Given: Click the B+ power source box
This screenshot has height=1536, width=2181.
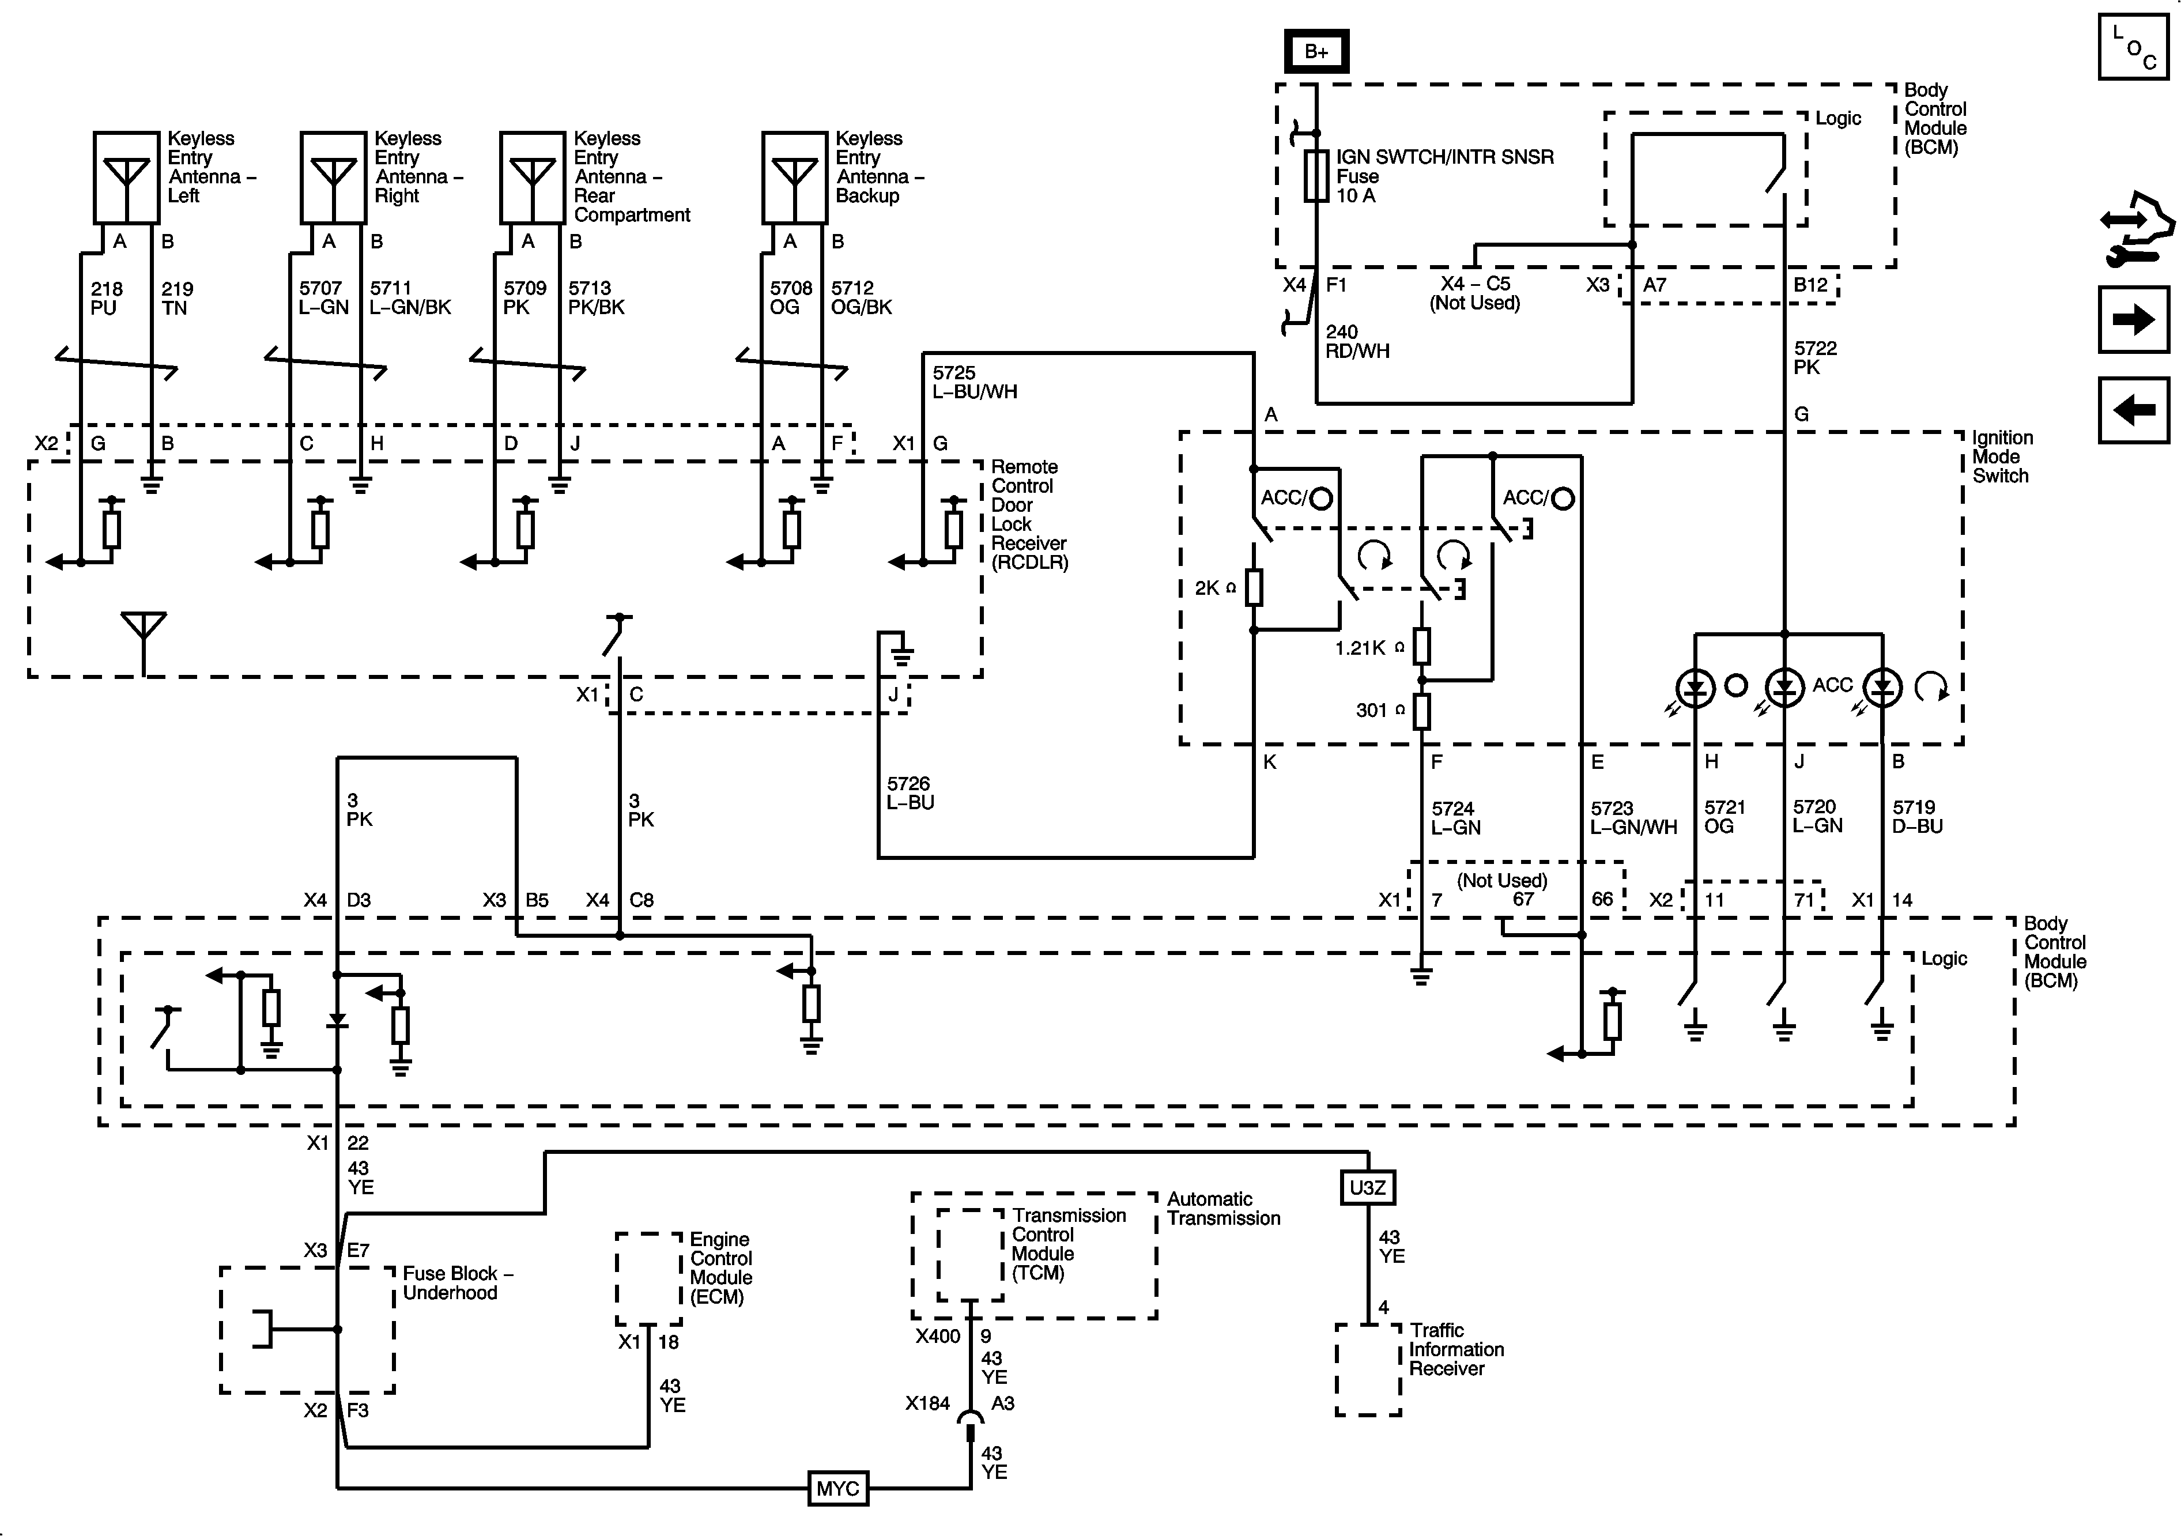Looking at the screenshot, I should pos(1316,51).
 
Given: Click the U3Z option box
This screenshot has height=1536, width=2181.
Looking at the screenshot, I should pos(1367,1187).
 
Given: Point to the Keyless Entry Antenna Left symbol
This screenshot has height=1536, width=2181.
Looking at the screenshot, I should pos(126,177).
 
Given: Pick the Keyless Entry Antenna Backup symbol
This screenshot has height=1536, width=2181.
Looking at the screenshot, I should pos(794,177).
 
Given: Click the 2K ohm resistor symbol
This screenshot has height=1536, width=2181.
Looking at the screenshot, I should pos(1254,588).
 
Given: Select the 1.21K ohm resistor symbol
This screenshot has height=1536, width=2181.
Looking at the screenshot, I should pos(1421,647).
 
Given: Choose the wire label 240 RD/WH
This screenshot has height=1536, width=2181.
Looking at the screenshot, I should pos(1356,341).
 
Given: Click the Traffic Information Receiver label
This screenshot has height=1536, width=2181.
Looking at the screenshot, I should pos(1455,1349).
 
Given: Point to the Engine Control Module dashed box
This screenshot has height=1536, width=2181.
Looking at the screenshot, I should pos(649,1278).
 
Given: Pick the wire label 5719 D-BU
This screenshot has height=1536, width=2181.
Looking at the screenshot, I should pos(1917,816).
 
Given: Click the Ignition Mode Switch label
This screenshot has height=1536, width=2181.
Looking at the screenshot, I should pos(2002,457).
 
